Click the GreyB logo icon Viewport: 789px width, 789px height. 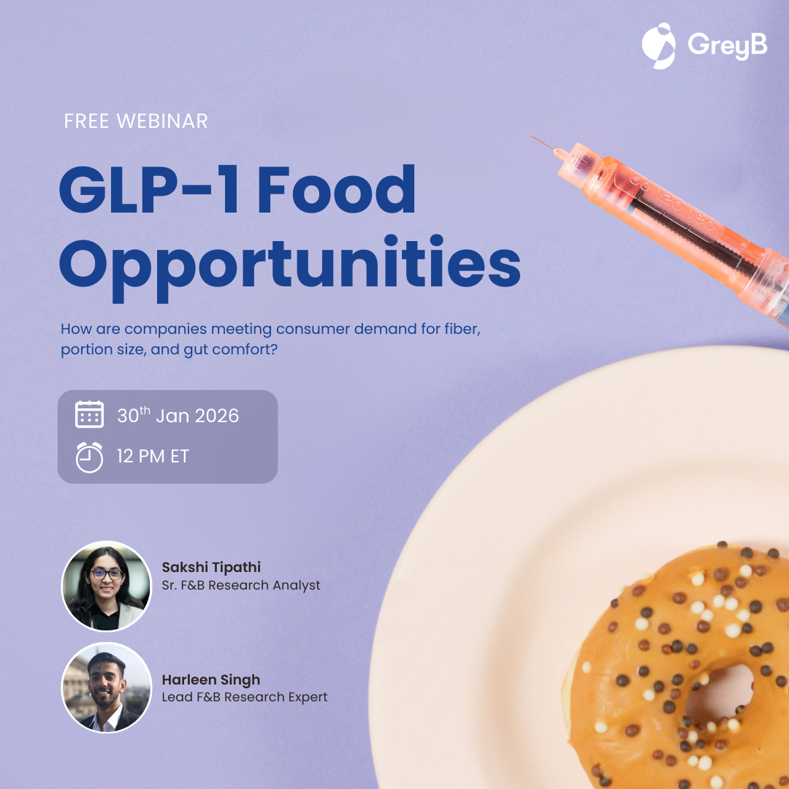[x=659, y=46]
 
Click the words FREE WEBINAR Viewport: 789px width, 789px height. [x=136, y=121]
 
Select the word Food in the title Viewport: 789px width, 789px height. [x=337, y=190]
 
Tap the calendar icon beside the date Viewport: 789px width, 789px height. [x=90, y=415]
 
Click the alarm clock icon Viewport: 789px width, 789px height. [x=90, y=457]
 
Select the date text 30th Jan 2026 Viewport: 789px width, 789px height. [x=178, y=415]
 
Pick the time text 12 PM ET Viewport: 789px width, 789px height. [x=153, y=457]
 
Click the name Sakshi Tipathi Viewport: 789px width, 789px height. [x=211, y=567]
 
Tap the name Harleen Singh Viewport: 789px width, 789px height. [x=211, y=680]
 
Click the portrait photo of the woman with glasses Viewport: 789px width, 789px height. [x=106, y=586]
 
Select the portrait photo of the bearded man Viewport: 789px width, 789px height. [x=106, y=687]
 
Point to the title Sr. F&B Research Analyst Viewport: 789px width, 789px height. [x=241, y=585]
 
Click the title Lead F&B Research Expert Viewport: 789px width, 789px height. [x=245, y=697]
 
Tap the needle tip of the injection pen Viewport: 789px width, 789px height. [x=533, y=137]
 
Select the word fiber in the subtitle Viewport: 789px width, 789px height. [x=462, y=329]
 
